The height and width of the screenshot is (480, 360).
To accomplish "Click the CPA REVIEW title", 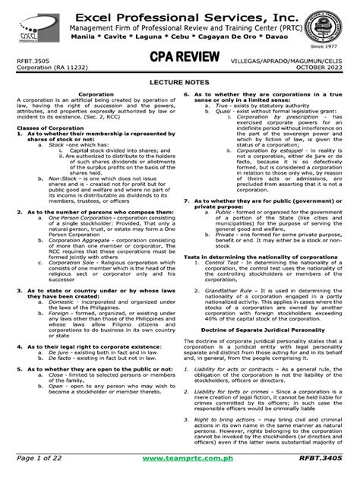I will coord(179,59).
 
